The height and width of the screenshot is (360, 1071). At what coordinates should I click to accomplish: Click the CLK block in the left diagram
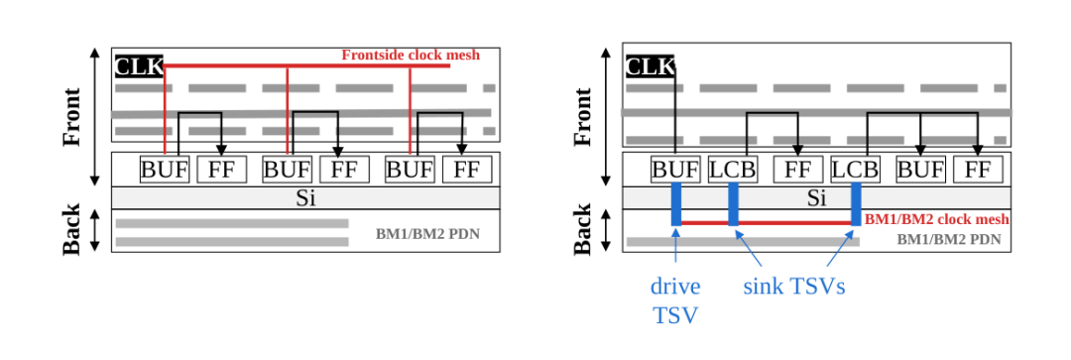pyautogui.click(x=140, y=66)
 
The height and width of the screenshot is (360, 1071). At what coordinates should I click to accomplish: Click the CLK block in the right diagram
pyautogui.click(x=650, y=66)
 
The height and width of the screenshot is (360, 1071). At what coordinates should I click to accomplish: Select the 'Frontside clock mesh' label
pyautogui.click(x=412, y=55)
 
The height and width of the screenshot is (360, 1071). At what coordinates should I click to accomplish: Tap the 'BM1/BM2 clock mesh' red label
pyautogui.click(x=937, y=220)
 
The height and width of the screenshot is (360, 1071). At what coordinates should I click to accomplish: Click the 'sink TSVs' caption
pyautogui.click(x=794, y=287)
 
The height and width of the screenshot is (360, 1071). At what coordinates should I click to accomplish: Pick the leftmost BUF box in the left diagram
pyautogui.click(x=165, y=170)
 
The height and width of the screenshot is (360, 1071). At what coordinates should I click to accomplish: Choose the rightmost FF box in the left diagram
pyautogui.click(x=467, y=170)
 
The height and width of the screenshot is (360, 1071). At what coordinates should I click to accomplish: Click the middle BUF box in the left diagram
pyautogui.click(x=288, y=170)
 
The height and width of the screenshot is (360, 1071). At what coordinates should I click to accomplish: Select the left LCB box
pyautogui.click(x=733, y=170)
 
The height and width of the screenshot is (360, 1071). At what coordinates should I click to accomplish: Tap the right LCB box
pyautogui.click(x=855, y=170)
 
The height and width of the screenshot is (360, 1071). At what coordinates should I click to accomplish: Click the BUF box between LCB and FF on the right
pyautogui.click(x=920, y=170)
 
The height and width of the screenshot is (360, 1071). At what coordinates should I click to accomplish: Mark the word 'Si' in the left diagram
pyautogui.click(x=305, y=198)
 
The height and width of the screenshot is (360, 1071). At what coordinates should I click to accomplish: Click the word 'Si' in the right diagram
pyautogui.click(x=816, y=198)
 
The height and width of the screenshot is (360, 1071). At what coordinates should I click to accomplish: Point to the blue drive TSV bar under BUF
pyautogui.click(x=676, y=203)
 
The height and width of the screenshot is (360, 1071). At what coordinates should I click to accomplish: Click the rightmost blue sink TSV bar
pyautogui.click(x=856, y=203)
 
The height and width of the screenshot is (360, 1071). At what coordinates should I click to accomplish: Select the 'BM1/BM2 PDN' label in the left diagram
pyautogui.click(x=427, y=234)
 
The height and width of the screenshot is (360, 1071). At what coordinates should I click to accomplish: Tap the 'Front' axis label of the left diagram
pyautogui.click(x=71, y=117)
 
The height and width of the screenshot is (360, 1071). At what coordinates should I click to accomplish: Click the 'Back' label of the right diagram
pyautogui.click(x=583, y=229)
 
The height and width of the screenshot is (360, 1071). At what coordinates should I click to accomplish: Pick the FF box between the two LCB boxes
pyautogui.click(x=797, y=170)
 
